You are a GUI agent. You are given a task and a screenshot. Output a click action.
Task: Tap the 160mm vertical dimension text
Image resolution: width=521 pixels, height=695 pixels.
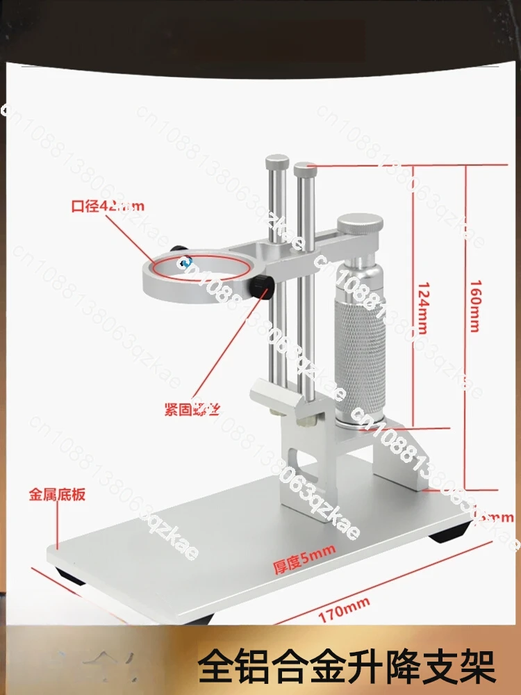pyautogui.click(x=475, y=306)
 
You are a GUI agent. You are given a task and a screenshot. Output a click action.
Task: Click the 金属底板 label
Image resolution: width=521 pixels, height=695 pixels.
pyautogui.click(x=57, y=496)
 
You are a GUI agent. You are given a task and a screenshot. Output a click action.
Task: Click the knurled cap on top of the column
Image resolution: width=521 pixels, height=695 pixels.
pyautogui.click(x=360, y=227)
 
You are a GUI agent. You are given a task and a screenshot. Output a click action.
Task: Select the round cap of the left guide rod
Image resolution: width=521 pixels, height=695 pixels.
pyautogui.click(x=277, y=163)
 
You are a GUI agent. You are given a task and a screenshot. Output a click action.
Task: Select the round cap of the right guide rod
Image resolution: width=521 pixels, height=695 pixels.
pyautogui.click(x=304, y=168)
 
